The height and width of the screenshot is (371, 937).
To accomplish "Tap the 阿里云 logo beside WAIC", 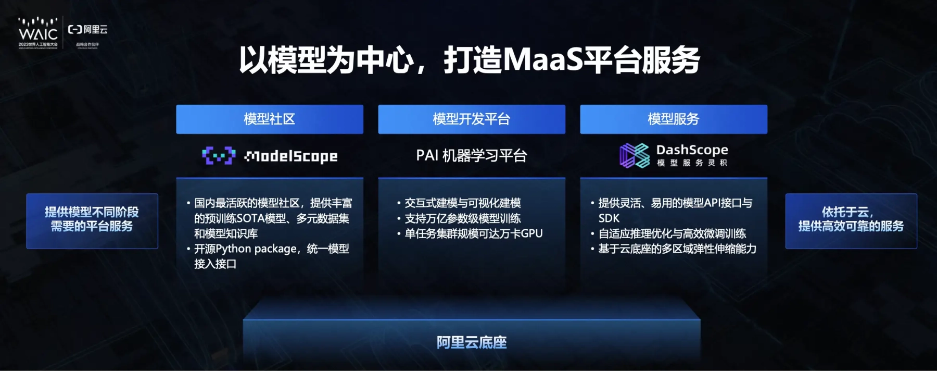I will tap(87, 30).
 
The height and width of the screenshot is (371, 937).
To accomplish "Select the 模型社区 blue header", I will tap(270, 119).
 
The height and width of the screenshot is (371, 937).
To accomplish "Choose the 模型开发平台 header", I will tap(472, 119).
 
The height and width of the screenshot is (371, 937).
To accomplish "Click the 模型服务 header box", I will tap(674, 119).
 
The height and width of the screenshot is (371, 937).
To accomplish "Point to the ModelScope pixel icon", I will tap(219, 155).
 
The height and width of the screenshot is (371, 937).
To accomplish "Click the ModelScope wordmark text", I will tap(291, 156).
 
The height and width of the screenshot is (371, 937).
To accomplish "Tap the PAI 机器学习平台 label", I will tap(472, 155).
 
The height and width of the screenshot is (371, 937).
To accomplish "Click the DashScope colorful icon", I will tap(635, 155).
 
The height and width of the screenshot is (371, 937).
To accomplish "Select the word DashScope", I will tap(692, 150).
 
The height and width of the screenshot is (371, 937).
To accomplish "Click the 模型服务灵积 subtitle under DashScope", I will tap(692, 163).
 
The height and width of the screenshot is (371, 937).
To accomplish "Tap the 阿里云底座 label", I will tap(472, 342).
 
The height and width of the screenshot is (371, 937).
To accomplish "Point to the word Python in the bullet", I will tap(234, 249).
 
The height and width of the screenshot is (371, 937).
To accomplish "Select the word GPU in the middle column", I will tap(531, 233).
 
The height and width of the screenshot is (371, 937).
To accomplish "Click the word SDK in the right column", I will tap(609, 218).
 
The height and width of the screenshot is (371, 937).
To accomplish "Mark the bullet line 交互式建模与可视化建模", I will tap(463, 203).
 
